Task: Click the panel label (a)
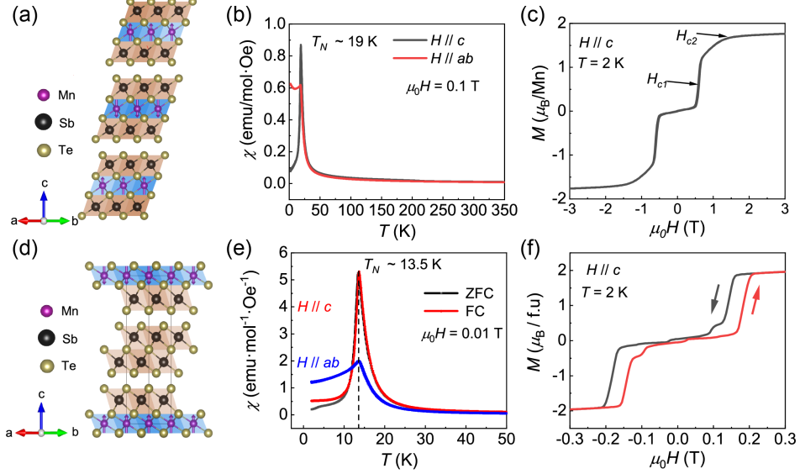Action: (x=18, y=14)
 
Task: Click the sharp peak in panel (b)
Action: (x=301, y=46)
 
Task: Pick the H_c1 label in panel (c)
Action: (x=657, y=79)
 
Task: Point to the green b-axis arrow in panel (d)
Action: (x=60, y=432)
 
